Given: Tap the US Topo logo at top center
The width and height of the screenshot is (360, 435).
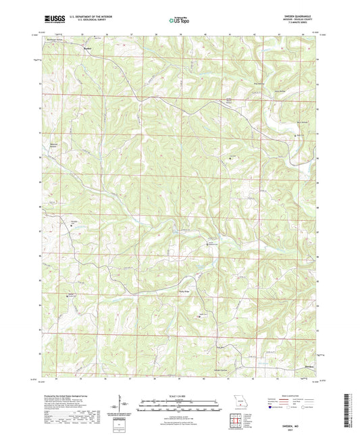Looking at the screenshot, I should pyautogui.click(x=179, y=20).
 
